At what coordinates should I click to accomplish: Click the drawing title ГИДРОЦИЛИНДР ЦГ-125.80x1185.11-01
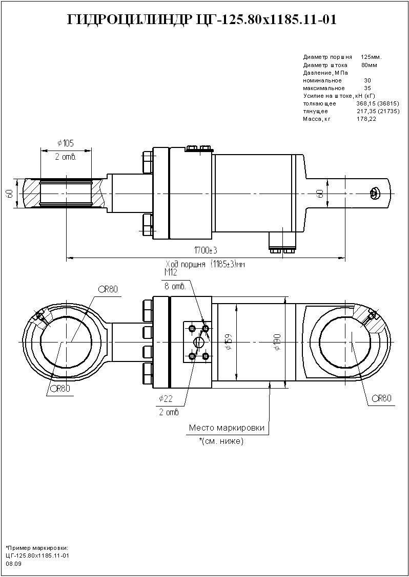pyautogui.click(x=202, y=20)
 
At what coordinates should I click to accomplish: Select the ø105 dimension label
pyautogui.click(x=66, y=142)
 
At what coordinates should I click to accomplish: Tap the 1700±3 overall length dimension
pyautogui.click(x=205, y=250)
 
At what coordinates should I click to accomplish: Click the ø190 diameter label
pyautogui.click(x=277, y=341)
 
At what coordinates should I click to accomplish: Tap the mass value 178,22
pyautogui.click(x=366, y=119)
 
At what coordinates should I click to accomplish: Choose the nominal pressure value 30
pyautogui.click(x=367, y=80)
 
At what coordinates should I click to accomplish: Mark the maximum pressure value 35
pyautogui.click(x=367, y=88)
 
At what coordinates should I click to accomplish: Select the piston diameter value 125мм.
pyautogui.click(x=371, y=57)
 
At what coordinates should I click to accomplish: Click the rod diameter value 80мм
pyautogui.click(x=369, y=65)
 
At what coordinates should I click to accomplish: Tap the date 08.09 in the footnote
pyautogui.click(x=13, y=564)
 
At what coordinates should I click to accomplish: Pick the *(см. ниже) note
pyautogui.click(x=221, y=441)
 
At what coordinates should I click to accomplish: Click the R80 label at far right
pyautogui.click(x=382, y=398)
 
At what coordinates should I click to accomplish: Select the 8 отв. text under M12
pyautogui.click(x=174, y=286)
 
